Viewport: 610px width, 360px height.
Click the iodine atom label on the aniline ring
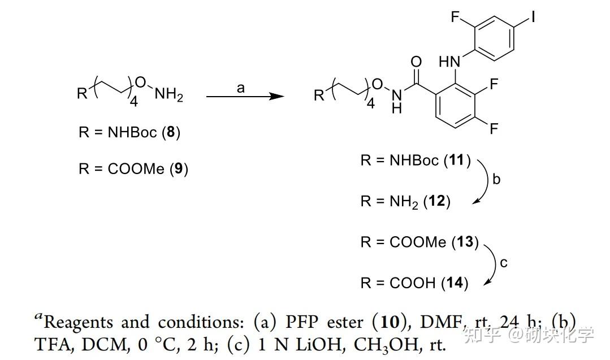tap(533, 16)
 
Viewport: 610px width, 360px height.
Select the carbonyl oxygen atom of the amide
tap(416, 62)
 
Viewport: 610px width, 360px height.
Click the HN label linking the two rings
tap(449, 62)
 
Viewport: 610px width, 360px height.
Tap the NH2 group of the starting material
tap(168, 94)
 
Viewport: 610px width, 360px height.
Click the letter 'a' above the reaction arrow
tap(241, 88)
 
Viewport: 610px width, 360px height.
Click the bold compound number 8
tap(170, 132)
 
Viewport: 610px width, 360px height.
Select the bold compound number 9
tap(179, 168)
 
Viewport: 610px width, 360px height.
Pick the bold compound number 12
tap(436, 201)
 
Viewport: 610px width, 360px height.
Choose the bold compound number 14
tap(455, 283)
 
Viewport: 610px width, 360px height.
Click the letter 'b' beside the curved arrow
tap(496, 179)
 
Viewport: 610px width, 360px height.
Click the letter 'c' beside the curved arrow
tap(504, 263)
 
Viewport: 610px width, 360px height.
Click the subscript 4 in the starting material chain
tap(134, 102)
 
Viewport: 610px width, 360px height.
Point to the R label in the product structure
tap(319, 95)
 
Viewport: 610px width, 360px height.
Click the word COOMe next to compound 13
tap(418, 242)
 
